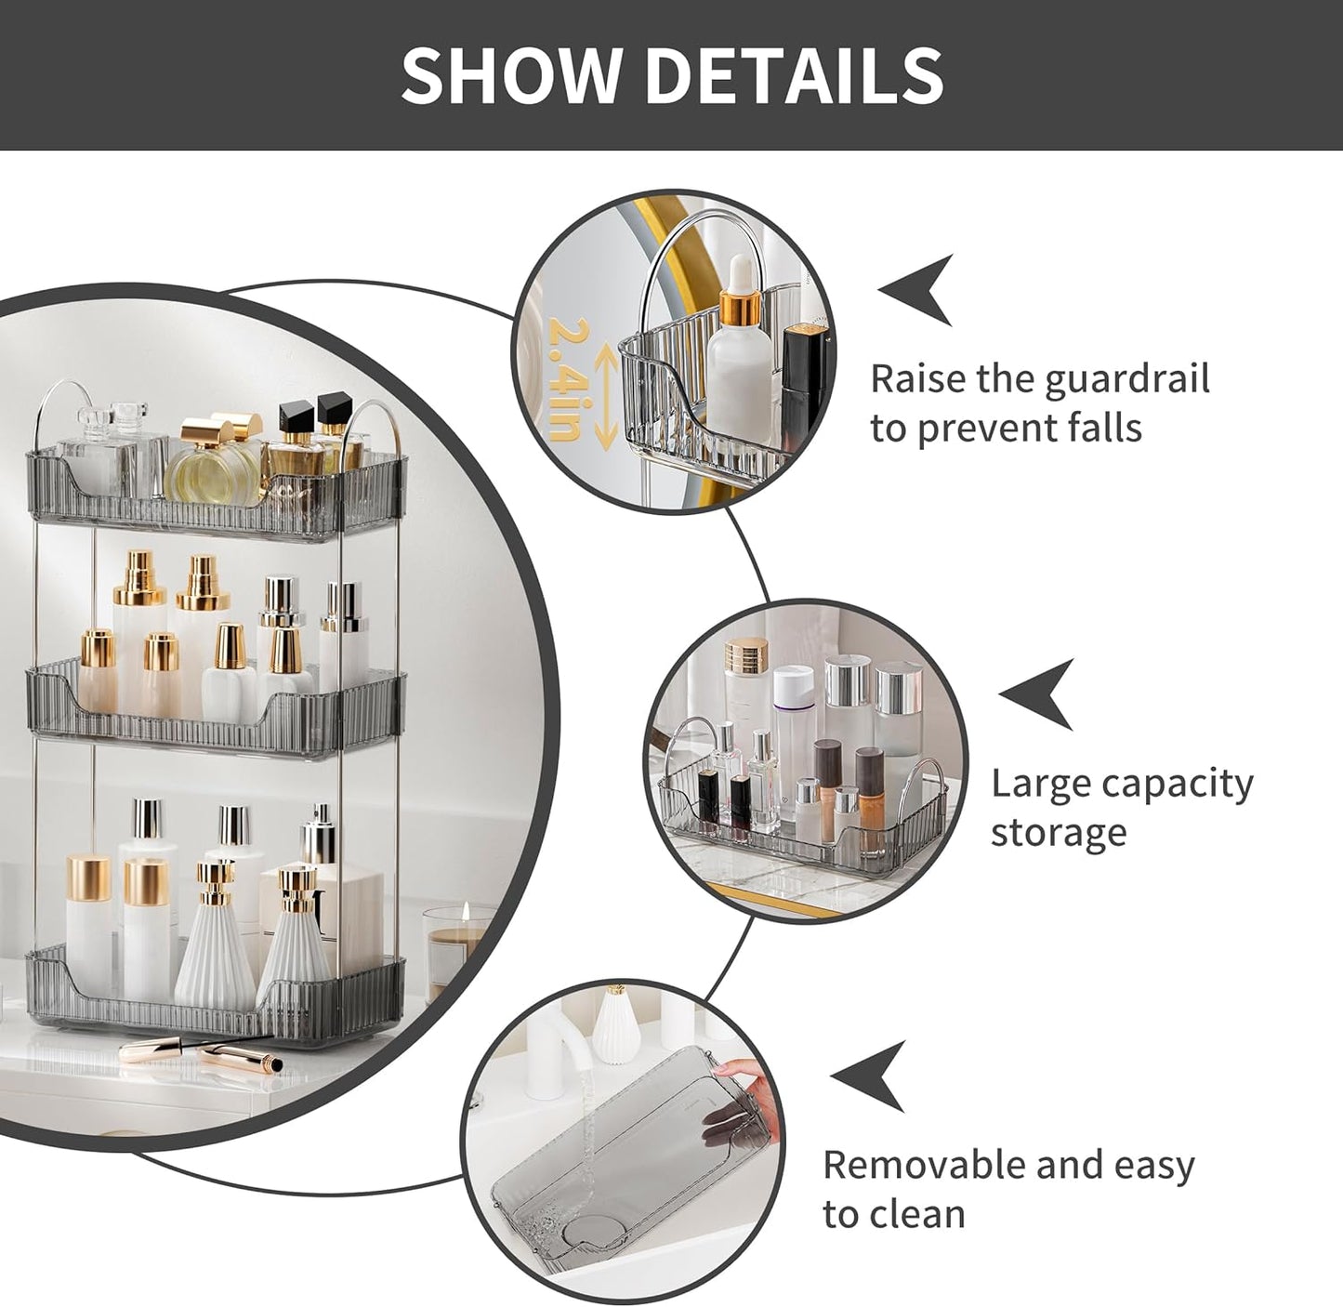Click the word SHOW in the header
511,74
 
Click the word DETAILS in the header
794,74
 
